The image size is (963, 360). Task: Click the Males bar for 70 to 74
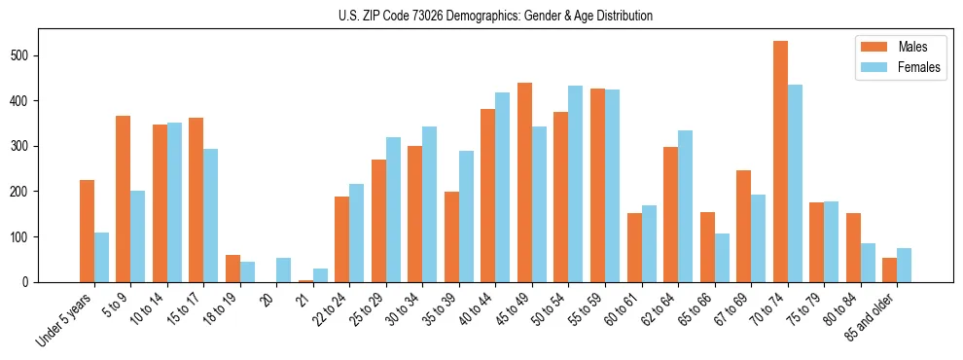pos(780,162)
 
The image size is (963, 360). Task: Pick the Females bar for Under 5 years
pos(101,258)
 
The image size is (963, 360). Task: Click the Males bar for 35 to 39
pos(451,237)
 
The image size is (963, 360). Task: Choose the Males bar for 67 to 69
pos(743,227)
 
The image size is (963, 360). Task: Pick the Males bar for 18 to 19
pos(232,269)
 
